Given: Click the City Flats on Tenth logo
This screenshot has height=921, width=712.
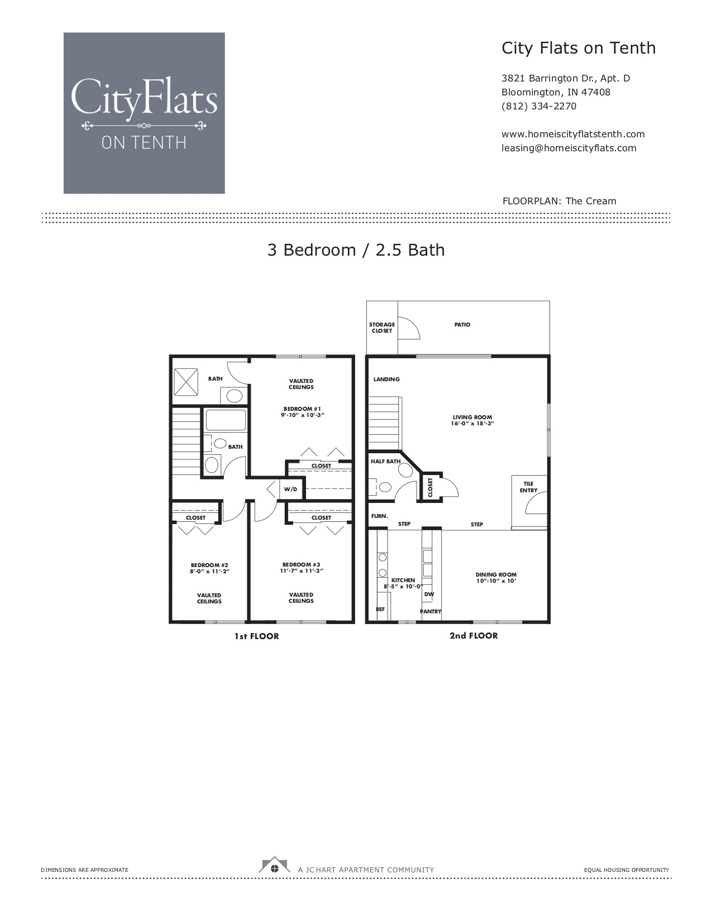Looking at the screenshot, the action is (144, 113).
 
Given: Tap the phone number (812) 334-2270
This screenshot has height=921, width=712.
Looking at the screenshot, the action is (538, 107).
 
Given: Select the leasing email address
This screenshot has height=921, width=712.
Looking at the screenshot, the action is (568, 148).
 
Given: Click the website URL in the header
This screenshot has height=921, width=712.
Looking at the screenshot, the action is (573, 134).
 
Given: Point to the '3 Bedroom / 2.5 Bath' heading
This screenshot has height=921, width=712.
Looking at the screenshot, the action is (356, 250).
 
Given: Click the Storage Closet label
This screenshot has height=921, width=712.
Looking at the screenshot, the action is (381, 328).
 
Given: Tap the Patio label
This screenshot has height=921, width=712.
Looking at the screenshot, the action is (462, 325).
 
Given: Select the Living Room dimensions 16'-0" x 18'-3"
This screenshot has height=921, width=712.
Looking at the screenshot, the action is (472, 424).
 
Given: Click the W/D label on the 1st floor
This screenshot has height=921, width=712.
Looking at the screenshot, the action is (290, 489).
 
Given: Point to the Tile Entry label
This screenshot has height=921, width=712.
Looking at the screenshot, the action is (528, 487).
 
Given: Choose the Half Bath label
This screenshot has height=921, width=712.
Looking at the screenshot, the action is (385, 461).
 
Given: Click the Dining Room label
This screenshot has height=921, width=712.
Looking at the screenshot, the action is (496, 575).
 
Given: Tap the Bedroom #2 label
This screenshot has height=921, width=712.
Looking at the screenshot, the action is (209, 565).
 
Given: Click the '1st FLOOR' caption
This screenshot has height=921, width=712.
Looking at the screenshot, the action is (256, 636).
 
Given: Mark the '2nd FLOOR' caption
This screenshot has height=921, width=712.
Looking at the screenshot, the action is (474, 636).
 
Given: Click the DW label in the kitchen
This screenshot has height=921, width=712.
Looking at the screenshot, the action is (429, 594).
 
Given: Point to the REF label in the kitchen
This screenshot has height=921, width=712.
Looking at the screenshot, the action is (380, 609).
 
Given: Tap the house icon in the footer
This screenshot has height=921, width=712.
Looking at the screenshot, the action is (274, 865).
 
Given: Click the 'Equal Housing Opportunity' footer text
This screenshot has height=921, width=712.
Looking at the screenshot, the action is (627, 870).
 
